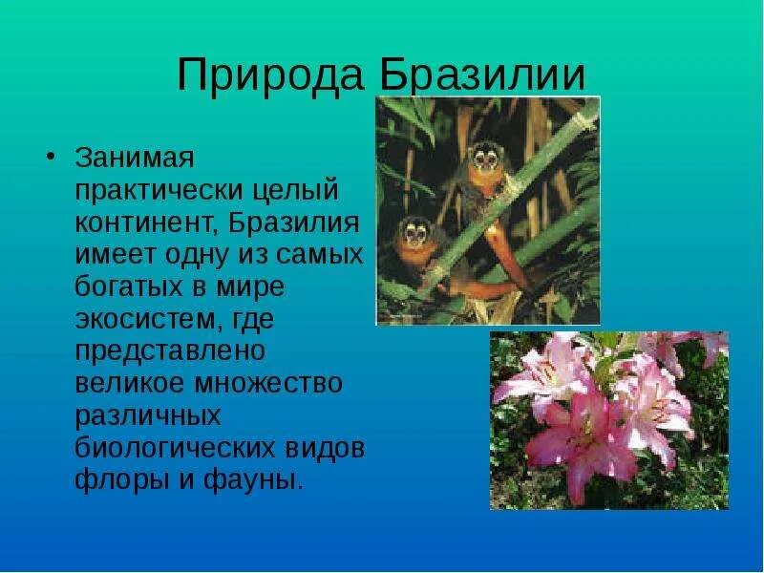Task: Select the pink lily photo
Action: (608, 419)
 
